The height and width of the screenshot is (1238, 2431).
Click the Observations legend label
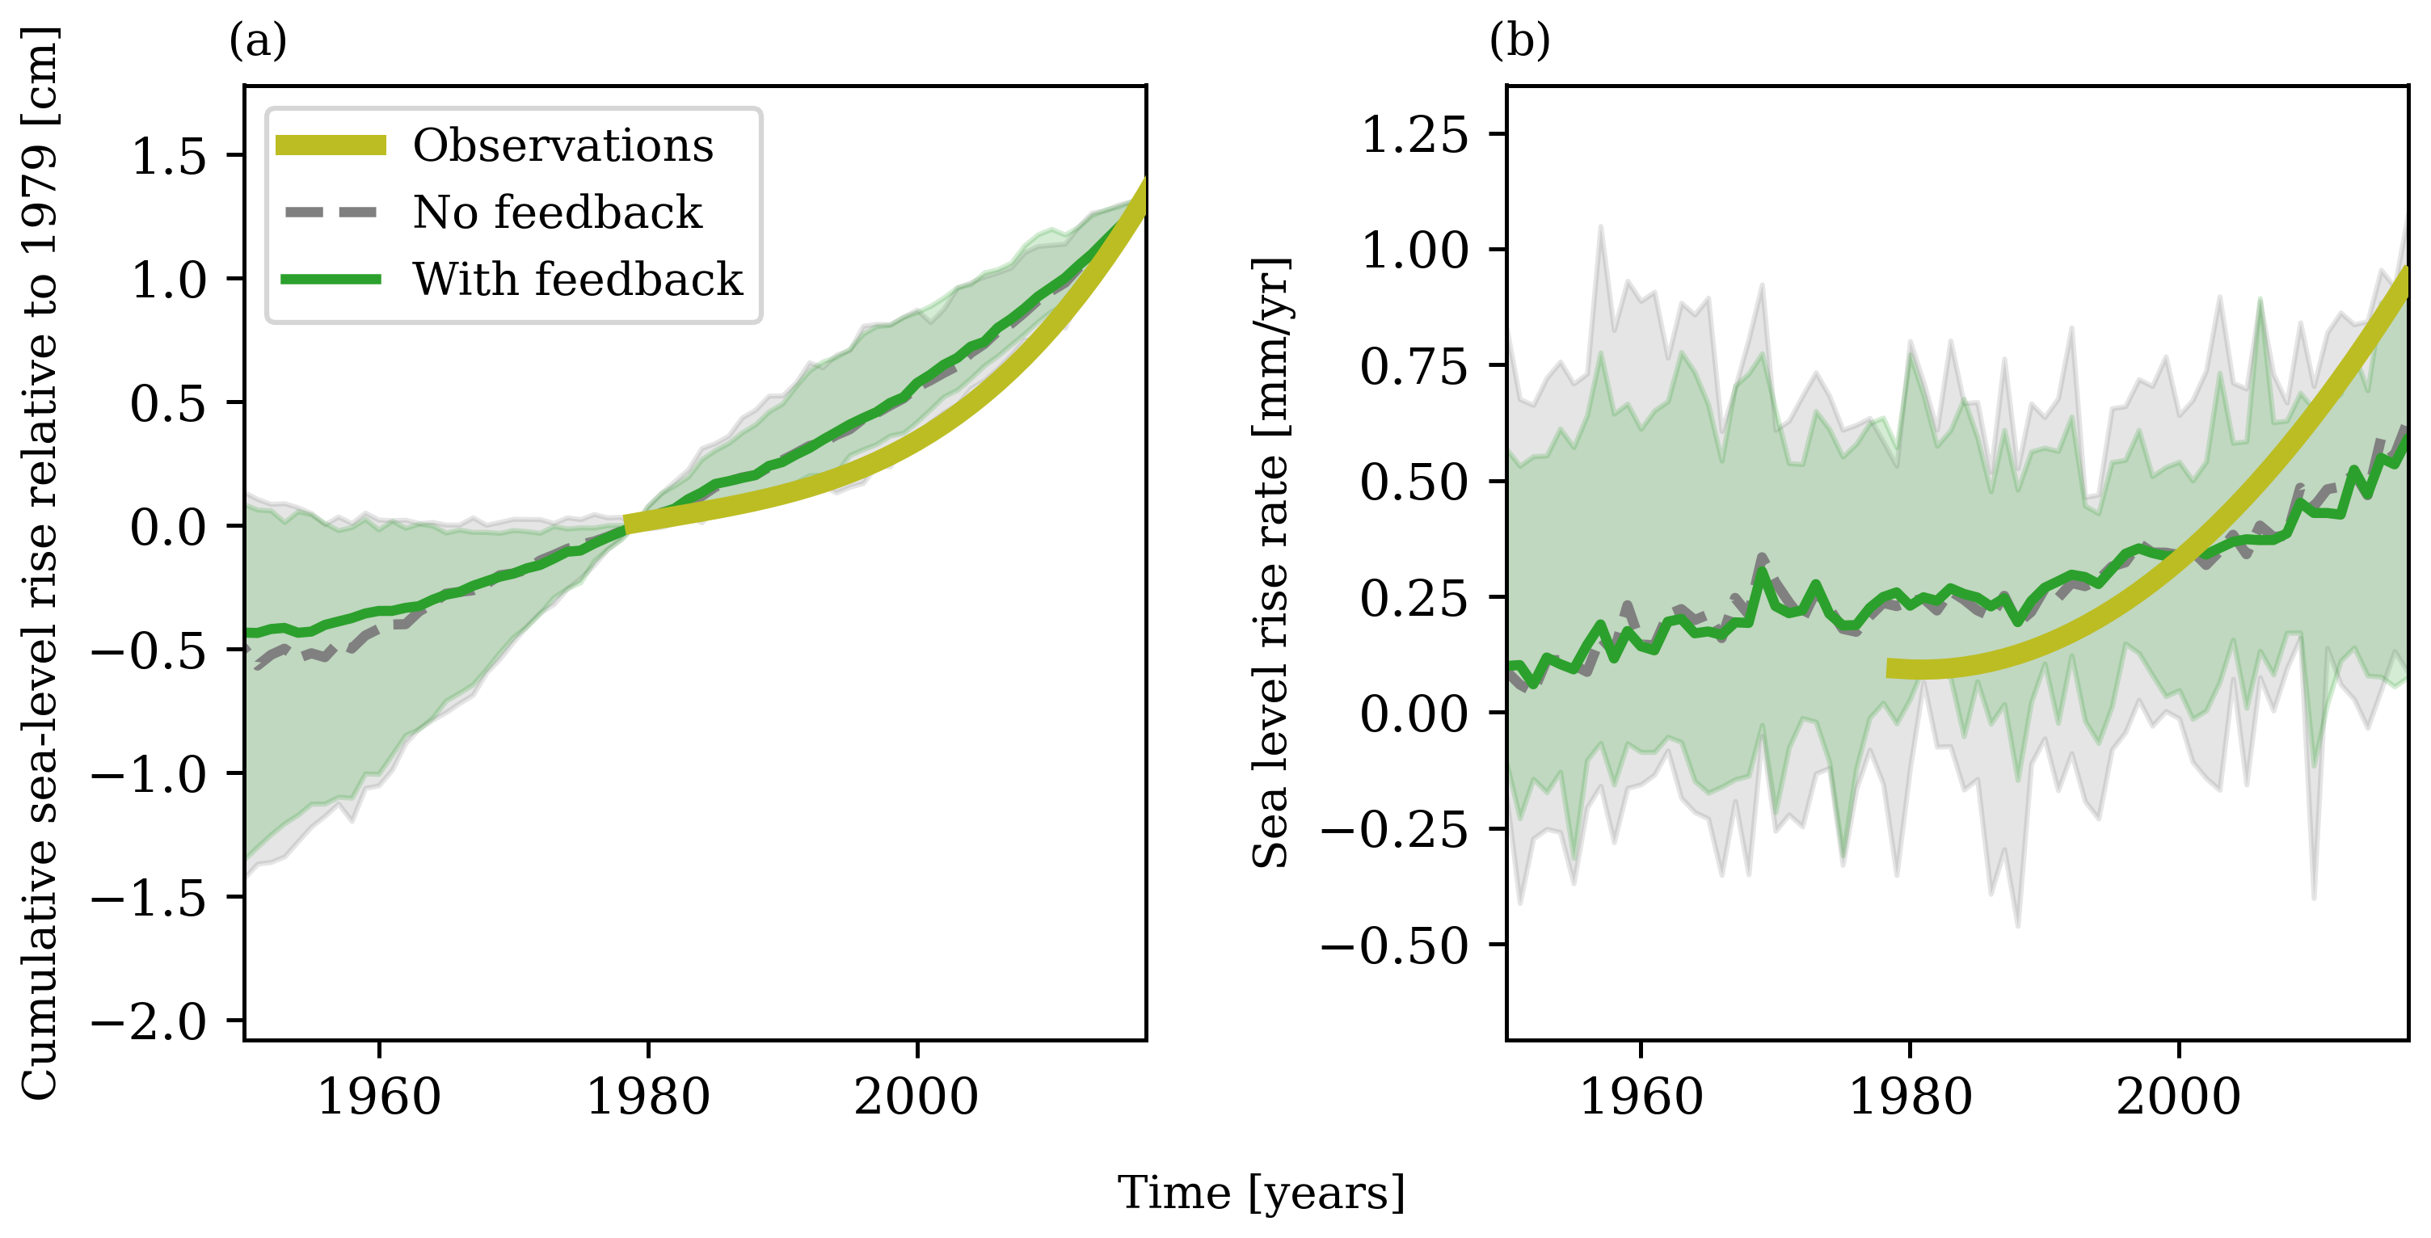tap(562, 145)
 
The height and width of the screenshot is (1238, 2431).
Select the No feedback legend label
tap(557, 213)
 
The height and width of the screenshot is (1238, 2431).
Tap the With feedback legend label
tap(578, 280)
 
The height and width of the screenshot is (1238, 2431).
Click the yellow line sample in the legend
tap(331, 145)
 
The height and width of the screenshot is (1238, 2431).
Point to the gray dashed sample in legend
tap(331, 213)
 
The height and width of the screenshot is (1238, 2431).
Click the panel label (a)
tap(258, 41)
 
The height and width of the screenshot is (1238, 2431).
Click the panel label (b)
tap(1519, 41)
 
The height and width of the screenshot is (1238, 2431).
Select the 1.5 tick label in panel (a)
tap(168, 156)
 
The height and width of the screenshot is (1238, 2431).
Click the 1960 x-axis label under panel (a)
tap(378, 1097)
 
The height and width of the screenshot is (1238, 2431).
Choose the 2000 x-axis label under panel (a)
tap(916, 1097)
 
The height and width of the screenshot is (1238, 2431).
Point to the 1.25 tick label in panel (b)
tap(1414, 135)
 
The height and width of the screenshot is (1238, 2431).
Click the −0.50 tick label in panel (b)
tap(1395, 945)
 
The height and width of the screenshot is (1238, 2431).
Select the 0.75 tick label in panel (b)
tap(1414, 366)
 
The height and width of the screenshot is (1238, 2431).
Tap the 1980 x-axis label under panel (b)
tap(1909, 1097)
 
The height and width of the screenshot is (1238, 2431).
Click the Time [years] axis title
tap(1262, 1194)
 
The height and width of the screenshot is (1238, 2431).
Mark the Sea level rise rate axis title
tap(1270, 562)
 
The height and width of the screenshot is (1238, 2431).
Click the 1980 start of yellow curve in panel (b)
tap(1890, 668)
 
